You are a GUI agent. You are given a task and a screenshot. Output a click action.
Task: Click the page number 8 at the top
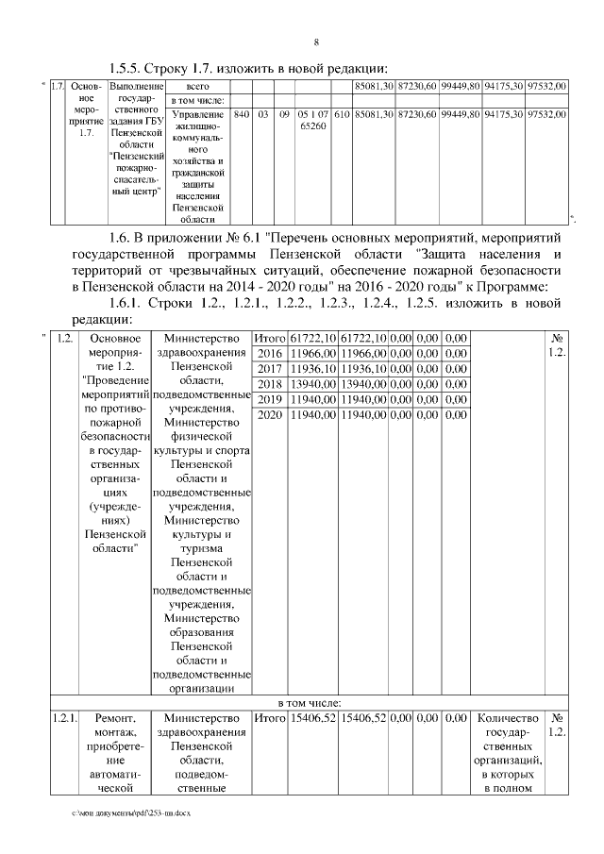click(316, 42)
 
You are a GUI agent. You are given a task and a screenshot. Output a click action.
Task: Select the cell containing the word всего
click(196, 86)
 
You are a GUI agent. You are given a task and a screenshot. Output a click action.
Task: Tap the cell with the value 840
click(242, 114)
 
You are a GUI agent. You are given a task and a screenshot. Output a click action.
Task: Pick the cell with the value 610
click(343, 114)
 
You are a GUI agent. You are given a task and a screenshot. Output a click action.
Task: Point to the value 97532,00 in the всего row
click(547, 86)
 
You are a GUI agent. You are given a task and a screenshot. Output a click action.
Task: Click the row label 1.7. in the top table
click(57, 87)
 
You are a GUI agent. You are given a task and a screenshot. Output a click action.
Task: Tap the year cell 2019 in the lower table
click(270, 400)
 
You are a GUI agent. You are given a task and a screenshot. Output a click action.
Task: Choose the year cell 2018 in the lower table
click(270, 384)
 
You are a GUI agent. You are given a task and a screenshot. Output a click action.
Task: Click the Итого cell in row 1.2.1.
click(270, 720)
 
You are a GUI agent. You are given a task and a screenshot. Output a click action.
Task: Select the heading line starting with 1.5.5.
click(249, 67)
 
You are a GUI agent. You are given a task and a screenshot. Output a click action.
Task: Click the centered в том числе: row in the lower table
click(315, 703)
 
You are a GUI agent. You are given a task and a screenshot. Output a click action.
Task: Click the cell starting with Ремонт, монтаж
click(116, 750)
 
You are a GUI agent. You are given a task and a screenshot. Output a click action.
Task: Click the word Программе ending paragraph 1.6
click(524, 286)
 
